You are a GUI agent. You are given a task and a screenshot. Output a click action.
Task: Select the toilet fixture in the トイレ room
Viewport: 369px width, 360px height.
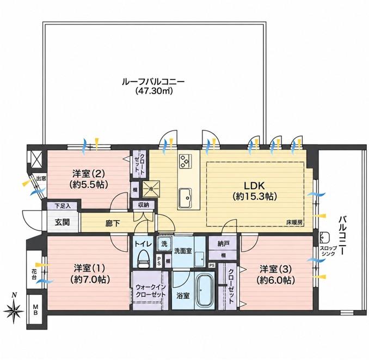[144, 259]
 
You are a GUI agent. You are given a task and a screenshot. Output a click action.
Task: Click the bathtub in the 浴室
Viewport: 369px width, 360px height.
[205, 291]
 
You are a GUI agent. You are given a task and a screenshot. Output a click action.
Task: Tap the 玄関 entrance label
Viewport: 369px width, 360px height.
[63, 222]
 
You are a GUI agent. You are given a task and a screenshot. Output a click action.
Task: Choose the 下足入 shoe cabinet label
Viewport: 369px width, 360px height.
[63, 206]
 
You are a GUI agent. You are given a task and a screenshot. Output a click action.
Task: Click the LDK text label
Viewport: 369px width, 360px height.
[254, 186]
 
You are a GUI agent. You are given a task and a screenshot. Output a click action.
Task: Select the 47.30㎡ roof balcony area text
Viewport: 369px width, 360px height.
[154, 90]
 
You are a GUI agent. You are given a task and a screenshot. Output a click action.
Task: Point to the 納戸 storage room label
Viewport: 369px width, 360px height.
[223, 244]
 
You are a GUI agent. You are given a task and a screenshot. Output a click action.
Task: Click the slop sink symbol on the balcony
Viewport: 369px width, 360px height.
[325, 238]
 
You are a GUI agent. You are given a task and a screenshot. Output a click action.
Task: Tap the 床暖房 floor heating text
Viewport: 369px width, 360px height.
[294, 222]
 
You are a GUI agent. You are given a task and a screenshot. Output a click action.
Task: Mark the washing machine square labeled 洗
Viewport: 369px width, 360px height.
[164, 244]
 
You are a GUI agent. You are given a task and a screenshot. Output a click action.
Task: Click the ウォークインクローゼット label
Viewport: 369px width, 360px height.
[151, 290]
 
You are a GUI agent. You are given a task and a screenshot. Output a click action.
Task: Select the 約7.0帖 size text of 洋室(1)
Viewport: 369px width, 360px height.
[90, 280]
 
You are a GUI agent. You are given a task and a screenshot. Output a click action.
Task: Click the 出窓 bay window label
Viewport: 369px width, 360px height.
[41, 178]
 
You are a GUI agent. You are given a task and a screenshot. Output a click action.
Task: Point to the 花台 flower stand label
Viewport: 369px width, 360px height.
[34, 274]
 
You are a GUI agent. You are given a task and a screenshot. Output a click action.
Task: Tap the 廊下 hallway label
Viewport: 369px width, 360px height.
[113, 224]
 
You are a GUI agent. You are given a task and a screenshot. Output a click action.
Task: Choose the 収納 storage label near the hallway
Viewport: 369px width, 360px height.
[144, 205]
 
